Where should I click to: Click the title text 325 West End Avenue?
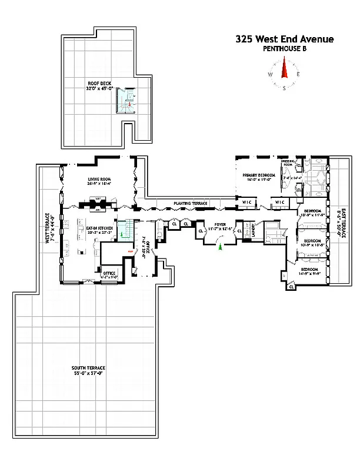click(x=285, y=39)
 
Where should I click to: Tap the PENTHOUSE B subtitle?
click(x=285, y=49)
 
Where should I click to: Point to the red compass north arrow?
click(x=284, y=71)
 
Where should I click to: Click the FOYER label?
click(x=220, y=224)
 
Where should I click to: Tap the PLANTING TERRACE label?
click(x=191, y=203)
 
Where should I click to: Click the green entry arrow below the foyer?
click(x=220, y=246)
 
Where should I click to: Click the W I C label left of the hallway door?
click(x=248, y=203)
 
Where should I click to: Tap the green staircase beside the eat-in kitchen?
click(x=122, y=230)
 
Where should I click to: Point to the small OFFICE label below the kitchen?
click(x=109, y=273)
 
